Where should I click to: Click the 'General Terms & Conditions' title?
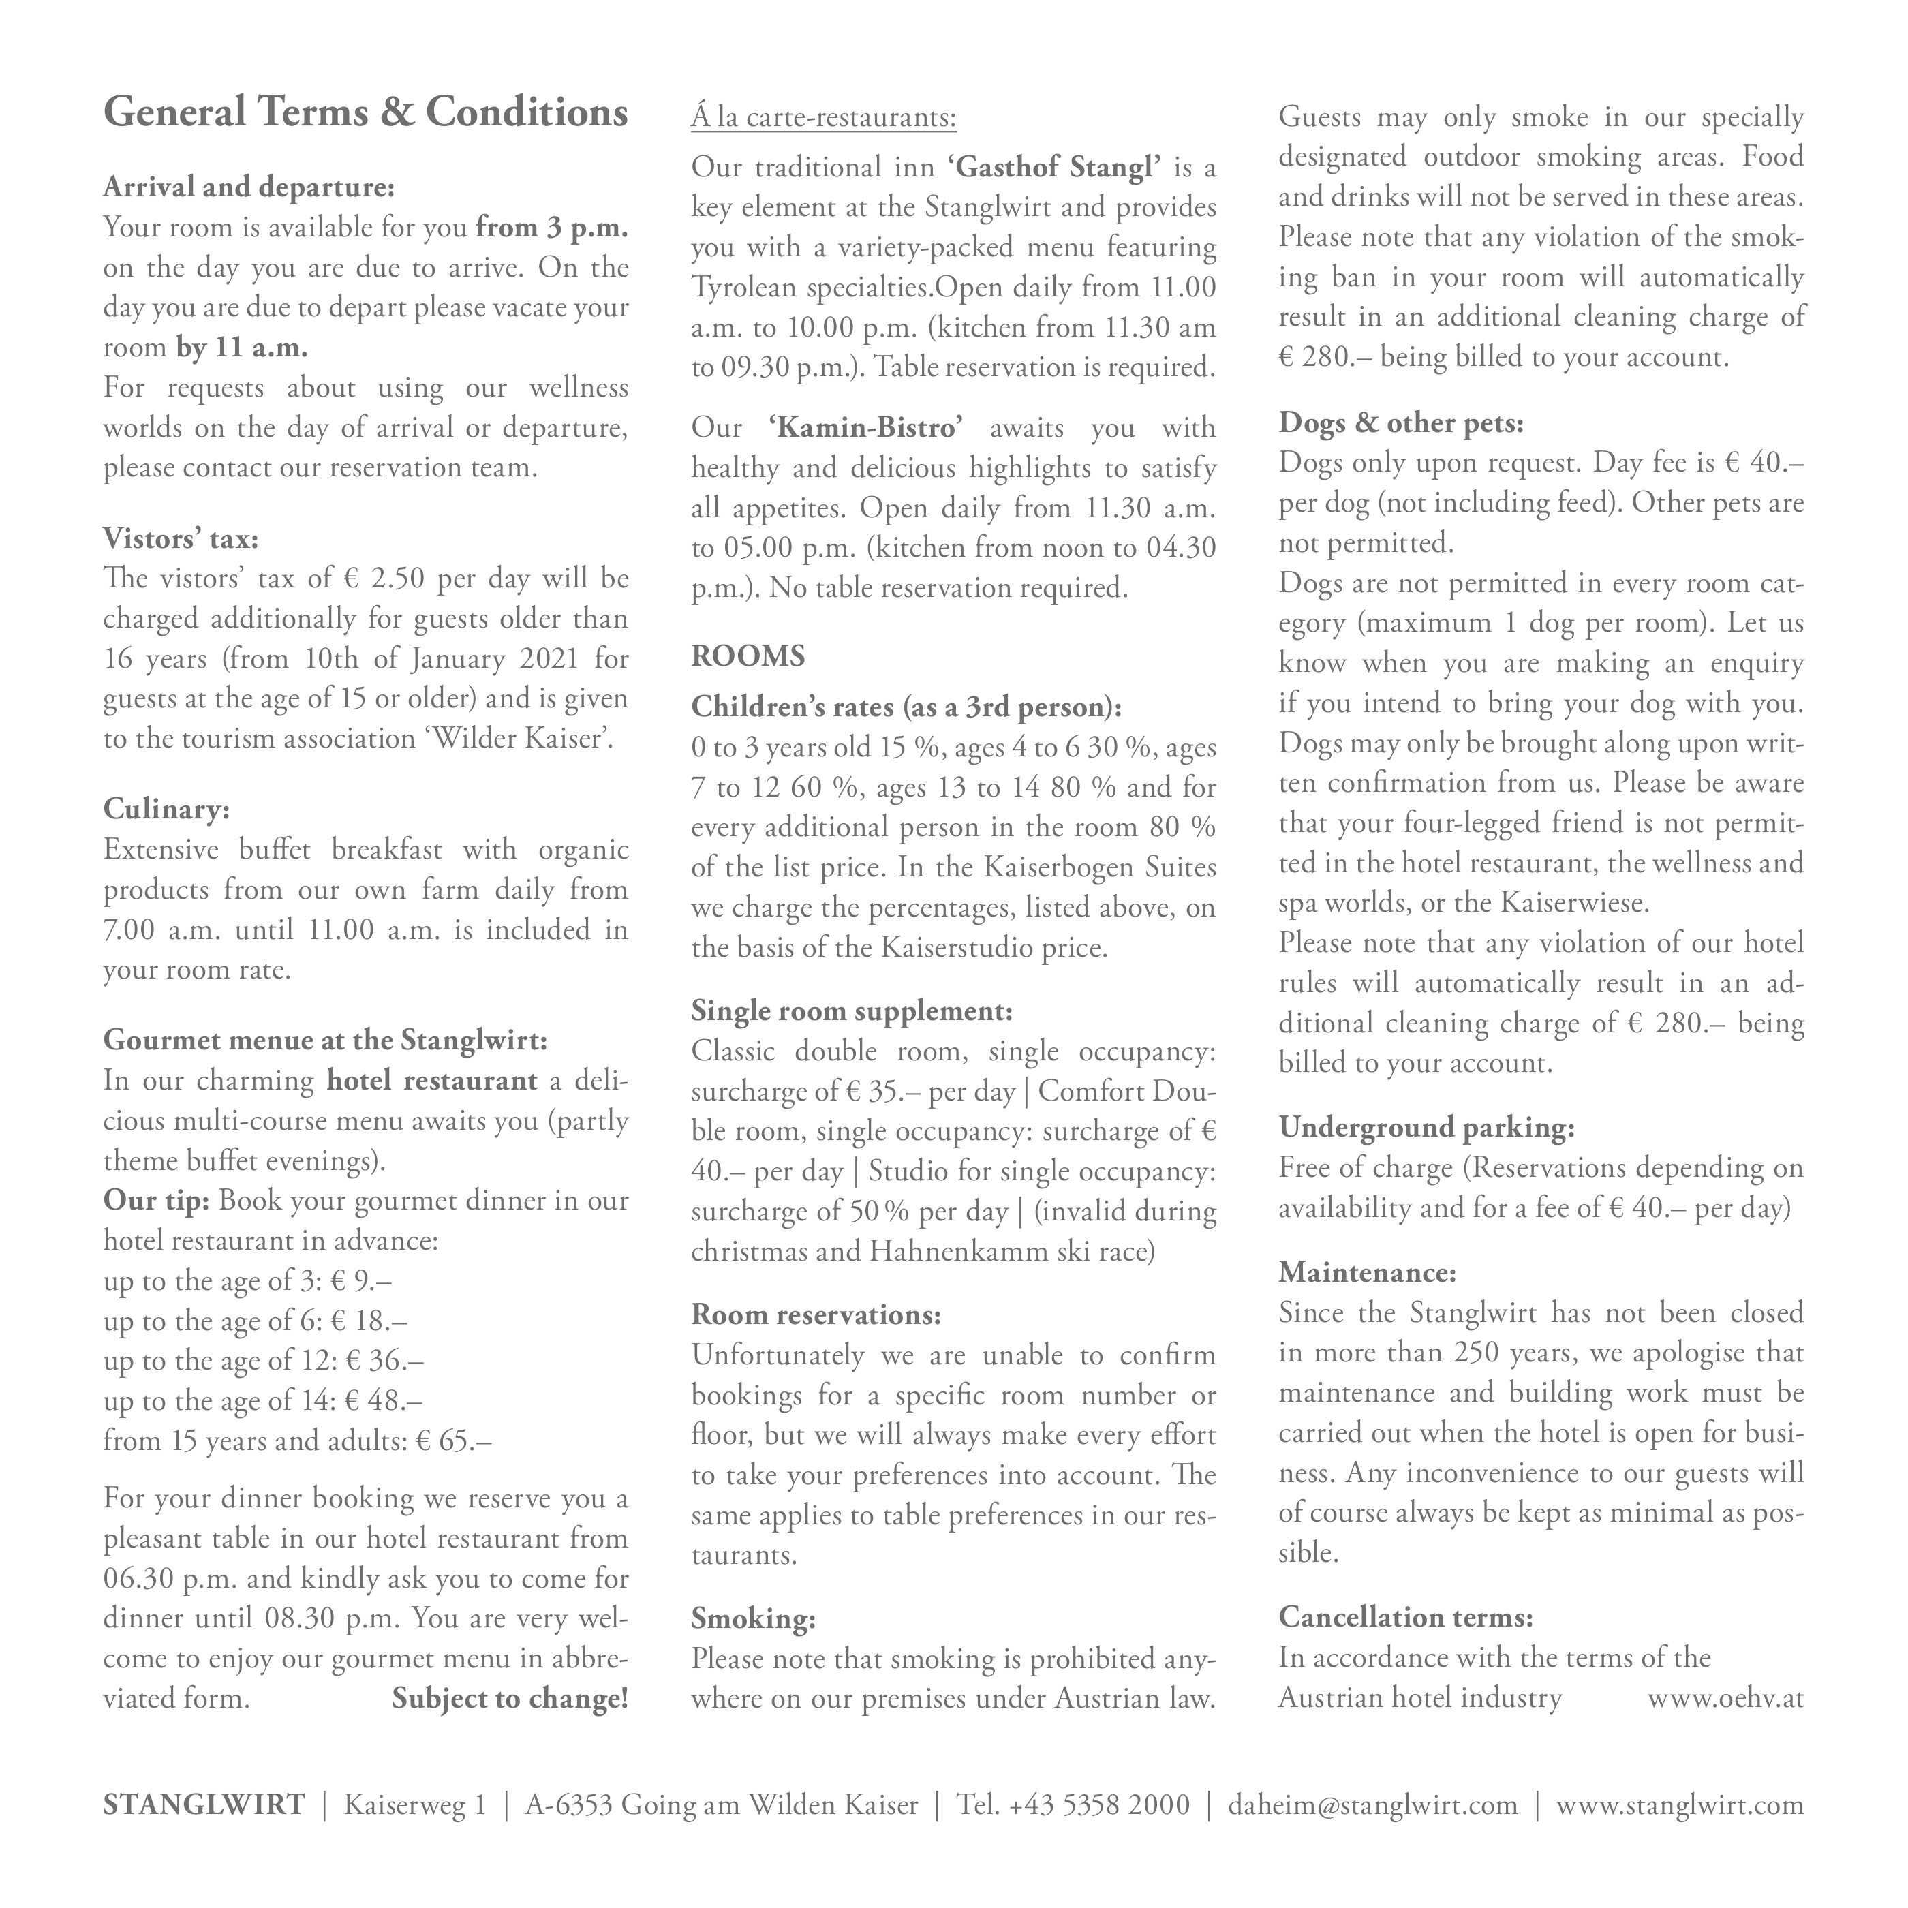[x=365, y=112]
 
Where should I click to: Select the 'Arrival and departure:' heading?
[x=249, y=187]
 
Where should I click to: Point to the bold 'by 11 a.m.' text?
[x=242, y=348]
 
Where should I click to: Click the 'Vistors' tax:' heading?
[x=181, y=538]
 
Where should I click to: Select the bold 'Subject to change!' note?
[x=510, y=1699]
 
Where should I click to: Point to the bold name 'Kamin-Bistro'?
[x=865, y=428]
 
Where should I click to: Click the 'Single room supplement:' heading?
[x=851, y=1011]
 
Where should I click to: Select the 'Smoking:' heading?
[x=752, y=1618]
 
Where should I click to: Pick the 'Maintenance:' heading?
[x=1367, y=1272]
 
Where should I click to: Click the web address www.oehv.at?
[x=1725, y=1699]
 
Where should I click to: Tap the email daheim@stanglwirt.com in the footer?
[x=1372, y=1805]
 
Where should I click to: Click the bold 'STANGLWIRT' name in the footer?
[x=204, y=1805]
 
